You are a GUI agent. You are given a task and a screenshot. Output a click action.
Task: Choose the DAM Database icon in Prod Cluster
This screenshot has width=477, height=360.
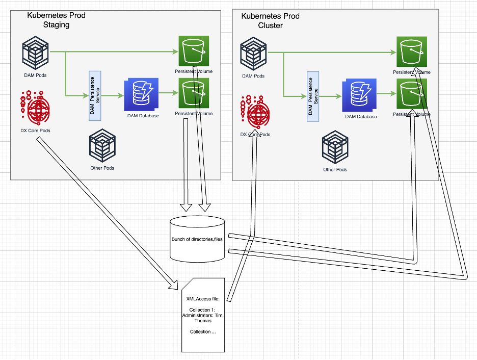[359, 95]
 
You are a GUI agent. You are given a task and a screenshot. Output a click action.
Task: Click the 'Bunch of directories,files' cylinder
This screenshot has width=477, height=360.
[196, 239]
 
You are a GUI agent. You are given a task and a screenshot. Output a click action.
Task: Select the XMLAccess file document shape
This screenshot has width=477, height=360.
[203, 314]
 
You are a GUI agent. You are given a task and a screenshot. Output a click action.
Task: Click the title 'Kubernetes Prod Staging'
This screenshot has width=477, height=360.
[56, 20]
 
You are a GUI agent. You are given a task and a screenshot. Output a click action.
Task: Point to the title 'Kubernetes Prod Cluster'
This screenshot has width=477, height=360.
[270, 21]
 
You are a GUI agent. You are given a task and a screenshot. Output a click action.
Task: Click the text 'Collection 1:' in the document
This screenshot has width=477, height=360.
[203, 310]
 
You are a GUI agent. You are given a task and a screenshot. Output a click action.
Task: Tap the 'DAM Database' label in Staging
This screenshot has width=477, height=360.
[143, 116]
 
